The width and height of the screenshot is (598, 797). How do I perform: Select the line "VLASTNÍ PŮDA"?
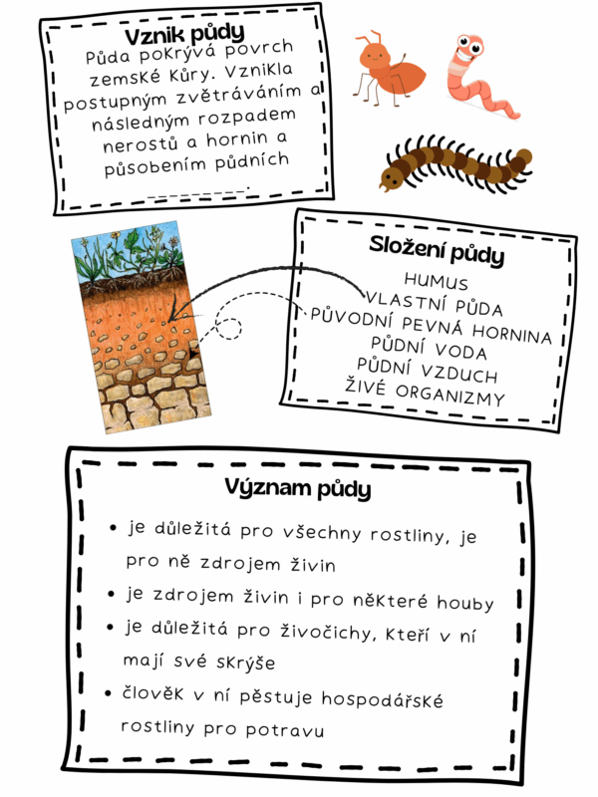(435, 300)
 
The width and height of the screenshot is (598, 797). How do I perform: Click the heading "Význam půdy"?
(298, 490)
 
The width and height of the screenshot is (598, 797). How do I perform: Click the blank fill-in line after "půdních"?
(197, 189)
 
